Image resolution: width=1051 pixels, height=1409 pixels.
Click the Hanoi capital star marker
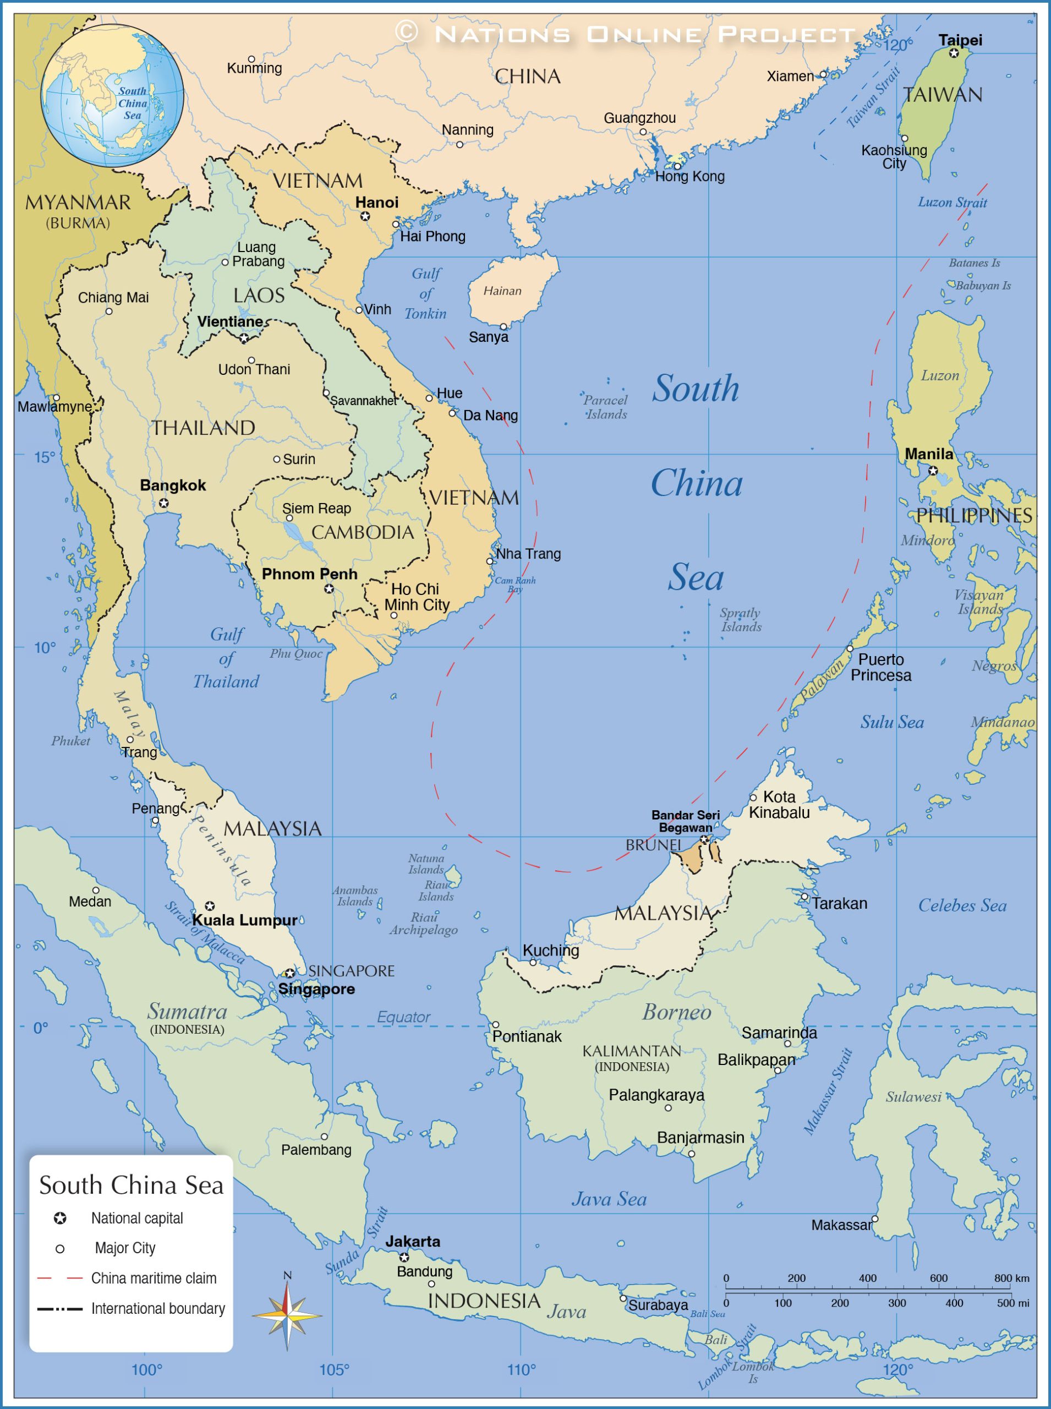pyautogui.click(x=365, y=216)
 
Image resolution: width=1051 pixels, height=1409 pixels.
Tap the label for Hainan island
pyautogui.click(x=502, y=291)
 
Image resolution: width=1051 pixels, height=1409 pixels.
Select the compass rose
pyautogui.click(x=288, y=1315)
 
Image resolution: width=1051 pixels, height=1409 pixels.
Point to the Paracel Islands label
pyautogui.click(x=606, y=407)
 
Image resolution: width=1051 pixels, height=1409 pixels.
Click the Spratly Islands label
pyautogui.click(x=741, y=619)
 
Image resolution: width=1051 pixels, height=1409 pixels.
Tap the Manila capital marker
pyautogui.click(x=933, y=471)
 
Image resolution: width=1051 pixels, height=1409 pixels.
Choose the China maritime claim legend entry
pyautogui.click(x=154, y=1278)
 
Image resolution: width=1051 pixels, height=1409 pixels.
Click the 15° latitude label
pyautogui.click(x=44, y=457)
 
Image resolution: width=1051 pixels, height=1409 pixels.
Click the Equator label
pyautogui.click(x=403, y=1017)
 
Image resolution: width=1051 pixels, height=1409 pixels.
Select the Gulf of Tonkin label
pyautogui.click(x=425, y=293)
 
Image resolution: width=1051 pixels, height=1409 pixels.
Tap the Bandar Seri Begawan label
pyautogui.click(x=685, y=821)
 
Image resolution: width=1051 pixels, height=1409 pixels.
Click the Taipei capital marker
pyautogui.click(x=954, y=53)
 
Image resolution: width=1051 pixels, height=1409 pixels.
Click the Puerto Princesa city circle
pyautogui.click(x=849, y=648)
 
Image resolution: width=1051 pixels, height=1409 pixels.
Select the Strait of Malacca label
pyautogui.click(x=205, y=933)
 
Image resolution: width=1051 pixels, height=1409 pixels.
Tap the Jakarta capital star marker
pyautogui.click(x=404, y=1257)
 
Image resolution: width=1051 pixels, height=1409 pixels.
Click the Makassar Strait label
pyautogui.click(x=828, y=1091)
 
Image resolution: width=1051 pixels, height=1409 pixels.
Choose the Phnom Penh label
pyautogui.click(x=310, y=574)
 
